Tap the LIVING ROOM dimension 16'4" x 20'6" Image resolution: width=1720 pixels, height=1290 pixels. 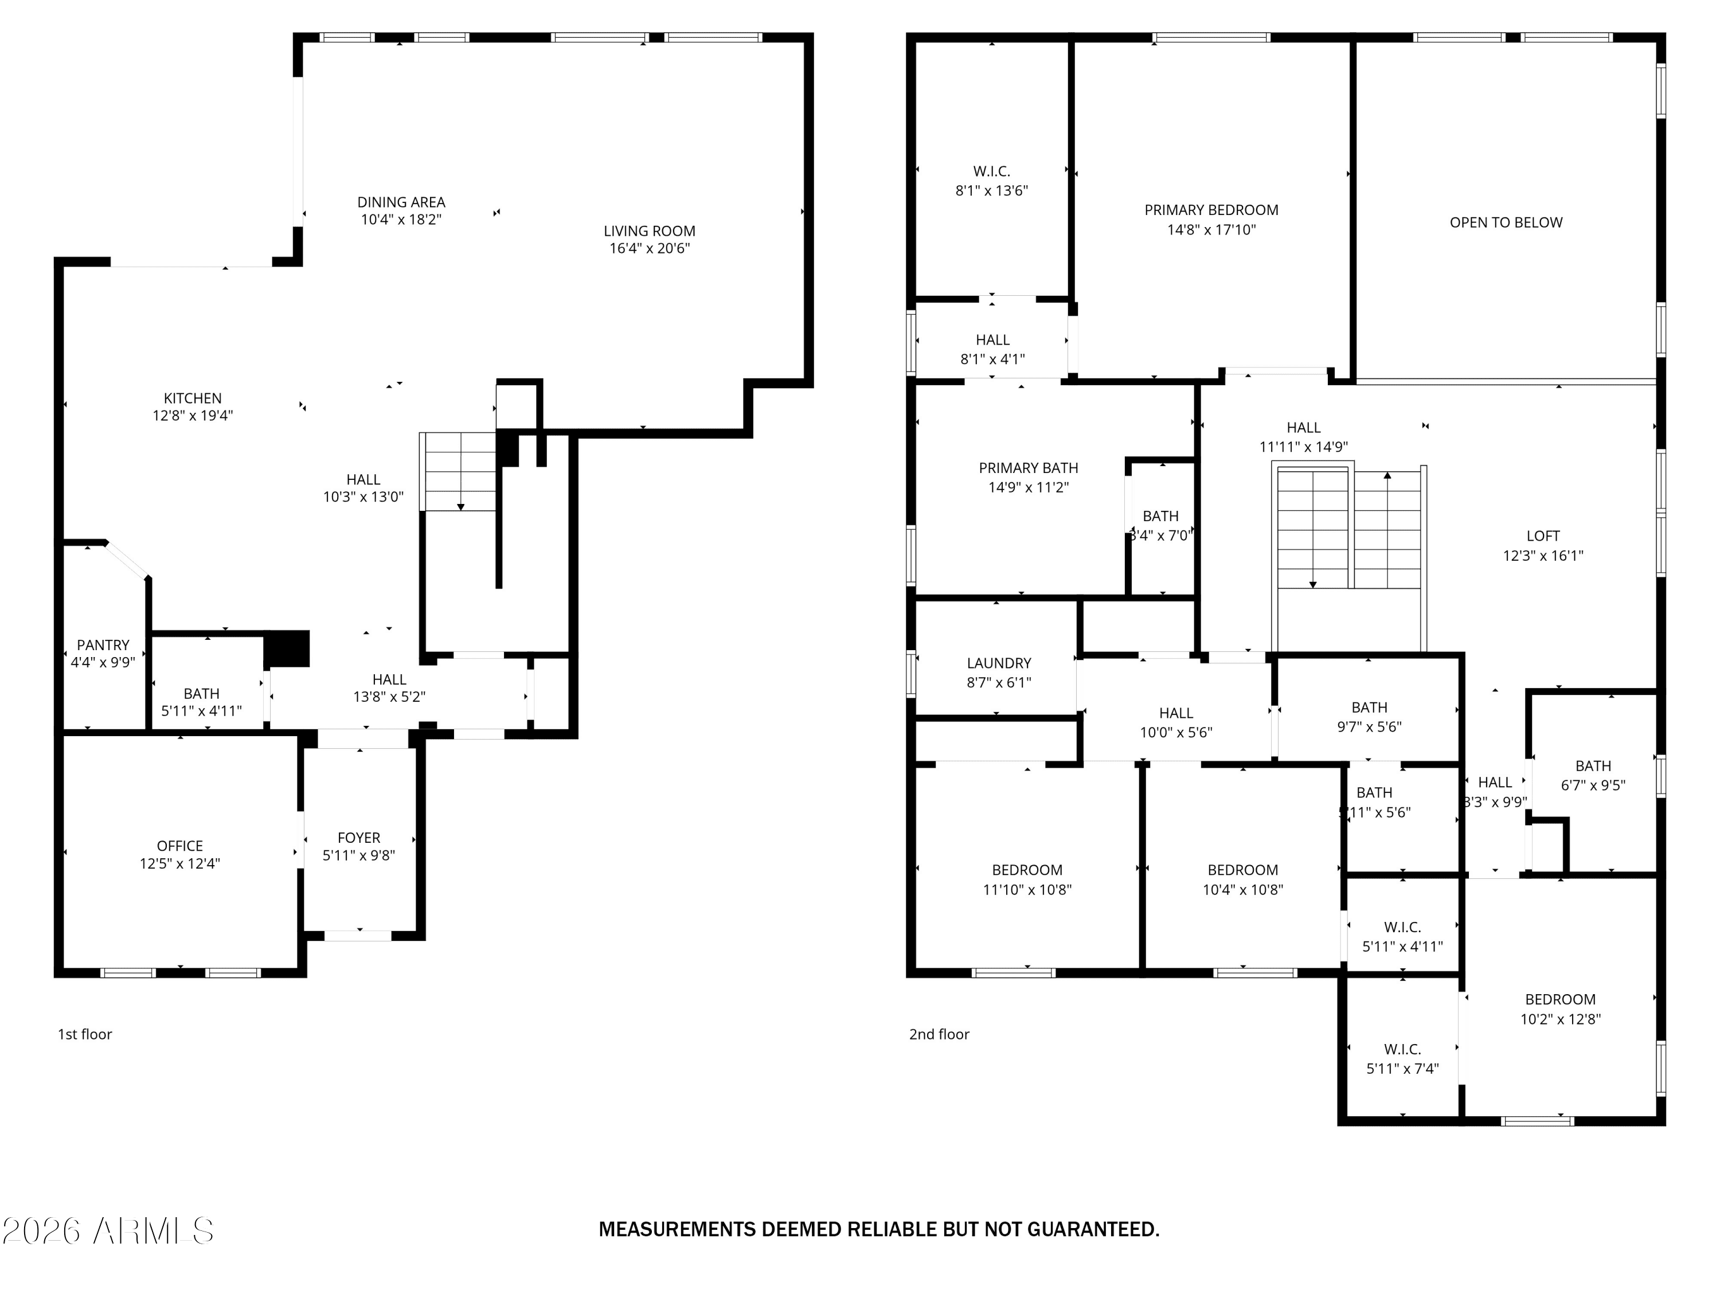pyautogui.click(x=648, y=249)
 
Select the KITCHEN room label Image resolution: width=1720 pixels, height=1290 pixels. pyautogui.click(x=192, y=398)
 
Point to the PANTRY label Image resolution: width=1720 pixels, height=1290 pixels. pyautogui.click(x=103, y=644)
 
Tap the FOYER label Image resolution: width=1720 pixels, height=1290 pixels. pyautogui.click(x=358, y=838)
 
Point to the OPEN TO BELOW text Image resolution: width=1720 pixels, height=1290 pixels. pyautogui.click(x=1506, y=222)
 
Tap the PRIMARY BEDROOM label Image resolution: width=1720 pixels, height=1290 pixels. pyautogui.click(x=1211, y=210)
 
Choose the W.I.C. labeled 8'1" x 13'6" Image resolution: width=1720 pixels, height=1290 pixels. pyautogui.click(x=991, y=181)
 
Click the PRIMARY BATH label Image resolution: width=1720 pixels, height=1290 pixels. pyautogui.click(x=1028, y=468)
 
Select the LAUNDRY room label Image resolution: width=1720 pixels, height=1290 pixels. pyautogui.click(x=998, y=663)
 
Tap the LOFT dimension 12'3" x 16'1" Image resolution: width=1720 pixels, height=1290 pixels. pyautogui.click(x=1543, y=555)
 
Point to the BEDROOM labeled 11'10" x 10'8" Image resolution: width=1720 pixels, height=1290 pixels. pyautogui.click(x=1026, y=879)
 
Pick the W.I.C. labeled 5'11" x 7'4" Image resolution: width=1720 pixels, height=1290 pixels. pyautogui.click(x=1402, y=1059)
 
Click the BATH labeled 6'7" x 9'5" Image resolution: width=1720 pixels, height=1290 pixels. pyautogui.click(x=1593, y=775)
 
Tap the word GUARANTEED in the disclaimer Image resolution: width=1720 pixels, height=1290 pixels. pyautogui.click(x=1093, y=1229)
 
